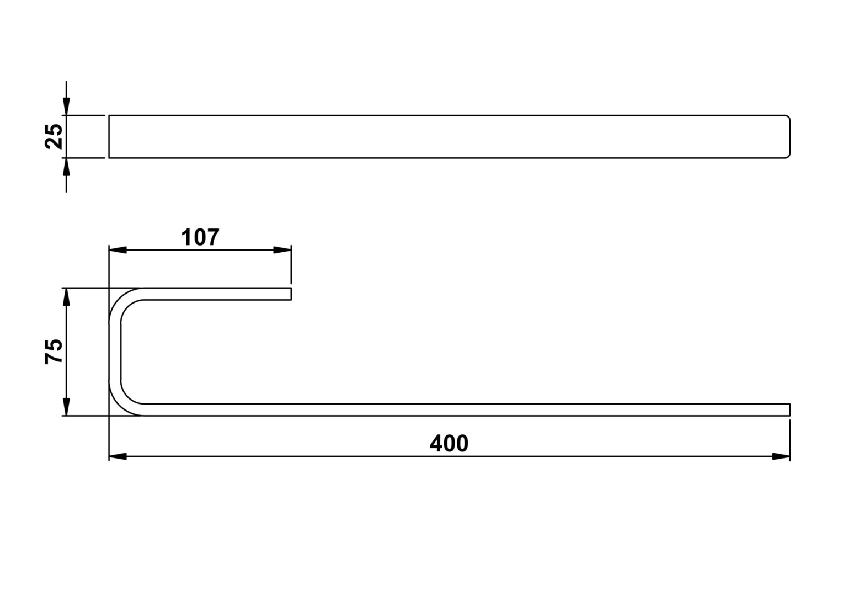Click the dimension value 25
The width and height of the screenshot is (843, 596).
click(x=54, y=136)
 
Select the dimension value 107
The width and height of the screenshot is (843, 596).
click(x=200, y=237)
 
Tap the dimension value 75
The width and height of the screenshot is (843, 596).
click(x=54, y=352)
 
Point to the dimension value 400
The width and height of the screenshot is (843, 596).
click(x=449, y=443)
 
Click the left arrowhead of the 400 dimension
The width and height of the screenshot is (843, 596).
click(x=118, y=456)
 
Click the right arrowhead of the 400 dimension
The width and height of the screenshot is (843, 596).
click(x=781, y=456)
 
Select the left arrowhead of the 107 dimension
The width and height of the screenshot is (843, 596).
click(x=118, y=250)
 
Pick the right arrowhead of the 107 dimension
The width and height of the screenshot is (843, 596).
click(x=282, y=250)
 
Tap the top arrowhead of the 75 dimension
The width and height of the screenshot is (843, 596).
click(x=66, y=297)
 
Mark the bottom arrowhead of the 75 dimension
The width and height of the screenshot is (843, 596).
click(x=66, y=407)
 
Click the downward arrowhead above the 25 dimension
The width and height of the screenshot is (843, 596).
click(x=66, y=107)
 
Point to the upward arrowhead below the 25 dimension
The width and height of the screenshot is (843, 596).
click(x=66, y=167)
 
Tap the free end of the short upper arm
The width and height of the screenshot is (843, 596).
click(x=291, y=294)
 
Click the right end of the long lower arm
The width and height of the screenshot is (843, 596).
click(x=789, y=409)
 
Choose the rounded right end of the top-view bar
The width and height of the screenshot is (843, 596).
click(x=789, y=137)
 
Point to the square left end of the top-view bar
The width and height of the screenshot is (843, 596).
click(x=109, y=137)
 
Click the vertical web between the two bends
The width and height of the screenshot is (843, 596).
click(x=115, y=352)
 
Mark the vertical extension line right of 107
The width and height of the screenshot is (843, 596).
click(x=291, y=264)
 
